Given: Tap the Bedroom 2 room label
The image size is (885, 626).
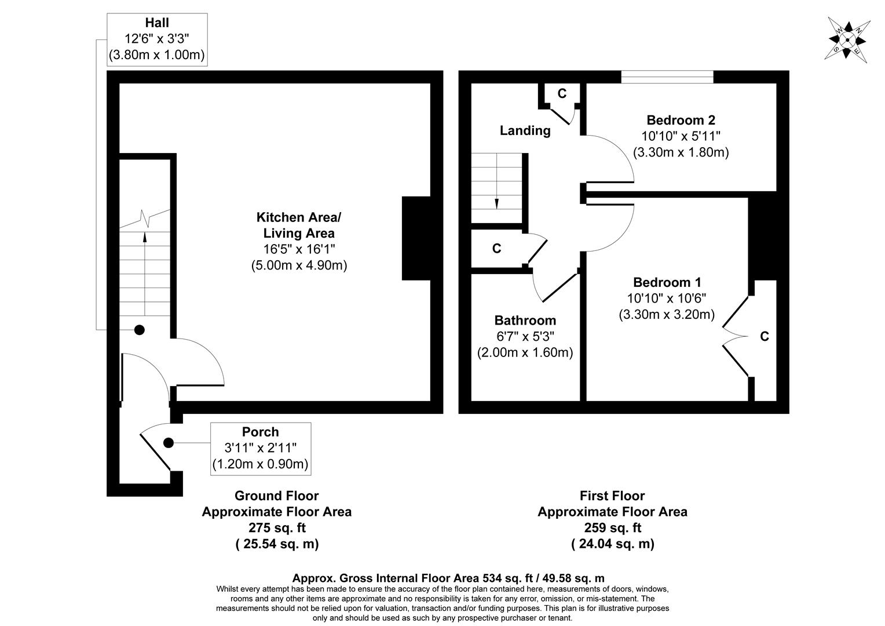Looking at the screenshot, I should click(681, 121).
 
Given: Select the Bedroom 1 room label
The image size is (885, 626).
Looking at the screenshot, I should click(667, 283).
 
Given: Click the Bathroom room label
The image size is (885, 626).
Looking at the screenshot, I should click(525, 321).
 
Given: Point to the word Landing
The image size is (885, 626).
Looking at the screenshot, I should click(525, 130).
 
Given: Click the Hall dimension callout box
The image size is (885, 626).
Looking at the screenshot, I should click(157, 39).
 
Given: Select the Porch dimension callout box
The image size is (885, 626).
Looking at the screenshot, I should click(260, 448).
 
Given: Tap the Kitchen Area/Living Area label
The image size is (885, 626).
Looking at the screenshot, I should click(299, 225).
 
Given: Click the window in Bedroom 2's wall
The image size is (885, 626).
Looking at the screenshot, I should click(667, 77).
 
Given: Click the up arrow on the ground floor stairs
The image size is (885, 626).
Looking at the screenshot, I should click(145, 236).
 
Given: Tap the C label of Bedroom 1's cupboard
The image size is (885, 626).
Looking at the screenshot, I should click(764, 337).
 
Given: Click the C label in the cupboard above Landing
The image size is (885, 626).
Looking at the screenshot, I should click(561, 94).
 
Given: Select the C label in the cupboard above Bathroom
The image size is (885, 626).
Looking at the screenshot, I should click(496, 249).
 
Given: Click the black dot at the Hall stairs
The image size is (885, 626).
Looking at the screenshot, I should click(140, 330).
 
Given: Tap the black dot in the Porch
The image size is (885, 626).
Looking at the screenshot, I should click(169, 443).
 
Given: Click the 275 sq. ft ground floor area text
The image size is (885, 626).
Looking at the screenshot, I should click(276, 528).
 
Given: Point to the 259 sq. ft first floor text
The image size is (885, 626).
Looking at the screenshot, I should click(612, 528).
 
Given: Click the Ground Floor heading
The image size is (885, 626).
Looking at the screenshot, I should click(276, 496).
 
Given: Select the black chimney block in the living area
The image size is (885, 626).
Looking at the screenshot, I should click(416, 238).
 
